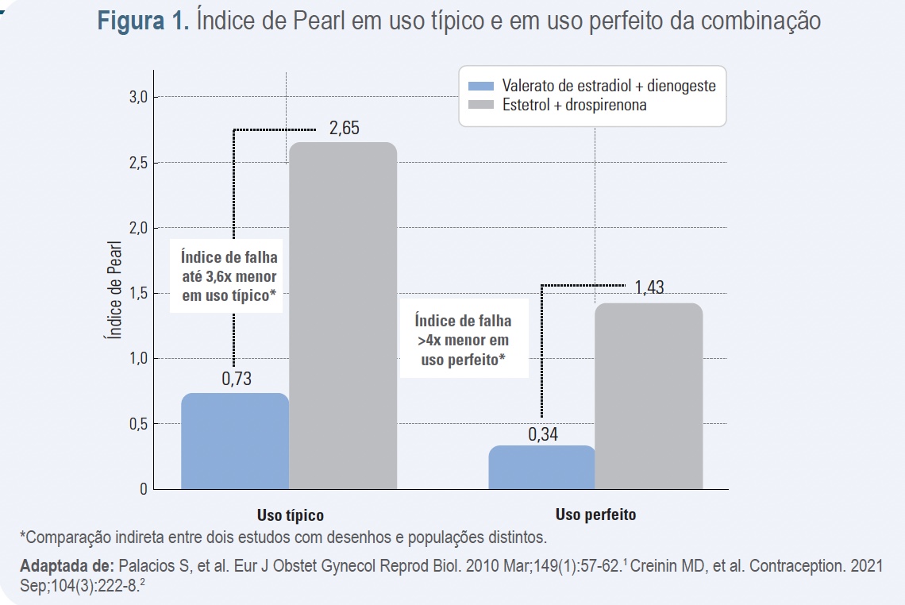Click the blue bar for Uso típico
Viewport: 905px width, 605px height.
[x=235, y=441]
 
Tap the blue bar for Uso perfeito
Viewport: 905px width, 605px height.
[x=541, y=467]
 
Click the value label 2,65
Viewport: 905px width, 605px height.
[x=344, y=129]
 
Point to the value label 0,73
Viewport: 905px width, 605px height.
[x=236, y=379]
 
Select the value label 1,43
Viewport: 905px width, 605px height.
[x=649, y=287]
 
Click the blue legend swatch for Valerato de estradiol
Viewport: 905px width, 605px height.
[x=481, y=87]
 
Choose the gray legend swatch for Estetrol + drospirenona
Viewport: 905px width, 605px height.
[x=481, y=105]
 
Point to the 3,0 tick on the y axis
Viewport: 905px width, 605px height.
[x=138, y=97]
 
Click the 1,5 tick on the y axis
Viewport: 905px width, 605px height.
[x=138, y=293]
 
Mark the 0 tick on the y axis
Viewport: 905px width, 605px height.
[x=144, y=489]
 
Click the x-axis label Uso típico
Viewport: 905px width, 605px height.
[x=290, y=515]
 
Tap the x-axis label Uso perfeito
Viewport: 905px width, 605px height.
[x=595, y=514]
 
